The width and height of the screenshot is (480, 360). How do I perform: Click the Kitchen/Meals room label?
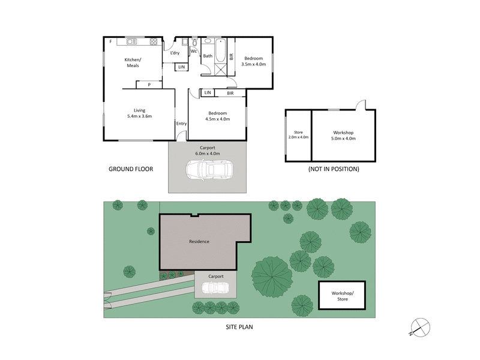tap(132, 62)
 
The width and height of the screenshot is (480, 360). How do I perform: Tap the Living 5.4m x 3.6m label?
tap(140, 113)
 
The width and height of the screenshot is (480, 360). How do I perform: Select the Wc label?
tap(194, 51)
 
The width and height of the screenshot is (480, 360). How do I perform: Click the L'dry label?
tap(175, 53)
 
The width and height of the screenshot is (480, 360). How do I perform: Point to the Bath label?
tap(208, 56)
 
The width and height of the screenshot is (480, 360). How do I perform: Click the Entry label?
tap(181, 124)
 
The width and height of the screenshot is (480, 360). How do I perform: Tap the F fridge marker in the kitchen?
tap(110, 41)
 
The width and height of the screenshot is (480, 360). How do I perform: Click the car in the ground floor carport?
tap(206, 171)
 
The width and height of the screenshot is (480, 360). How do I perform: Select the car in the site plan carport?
tap(215, 288)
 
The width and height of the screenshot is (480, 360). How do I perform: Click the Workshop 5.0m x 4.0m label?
tap(343, 135)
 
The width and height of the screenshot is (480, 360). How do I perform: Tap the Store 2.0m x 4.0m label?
tap(298, 134)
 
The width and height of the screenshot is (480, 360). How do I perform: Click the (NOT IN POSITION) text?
tap(334, 169)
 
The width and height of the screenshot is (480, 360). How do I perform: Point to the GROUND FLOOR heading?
tap(131, 169)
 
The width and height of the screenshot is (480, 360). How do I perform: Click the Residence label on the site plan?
tap(199, 242)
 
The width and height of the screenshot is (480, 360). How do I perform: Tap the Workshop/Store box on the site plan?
tap(342, 295)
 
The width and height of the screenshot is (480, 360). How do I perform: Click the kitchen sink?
tap(131, 41)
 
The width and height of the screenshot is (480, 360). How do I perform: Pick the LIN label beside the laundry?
tap(181, 67)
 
